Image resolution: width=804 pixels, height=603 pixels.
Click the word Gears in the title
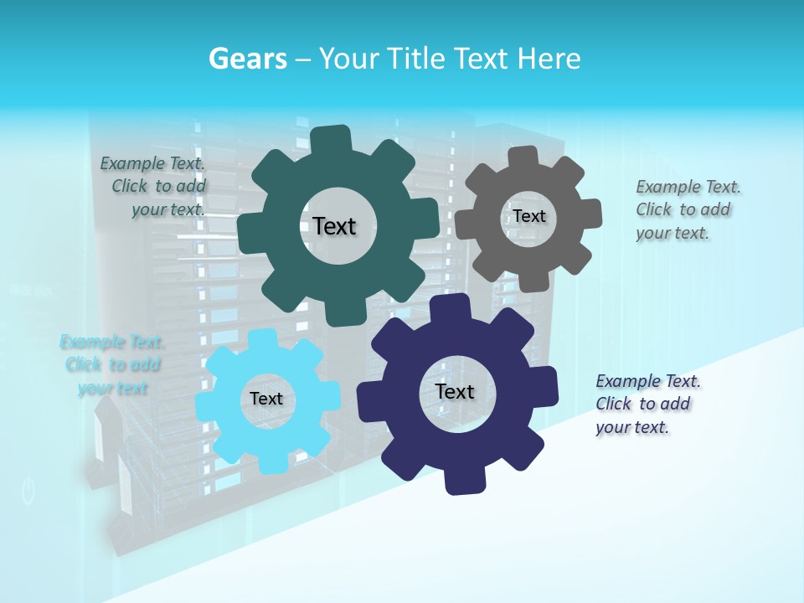click(246, 59)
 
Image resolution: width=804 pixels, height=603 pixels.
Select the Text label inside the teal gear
click(334, 226)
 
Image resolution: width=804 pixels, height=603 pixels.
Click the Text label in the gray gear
click(529, 216)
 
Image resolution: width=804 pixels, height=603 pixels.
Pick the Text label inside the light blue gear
click(266, 399)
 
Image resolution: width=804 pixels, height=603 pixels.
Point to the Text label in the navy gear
click(455, 391)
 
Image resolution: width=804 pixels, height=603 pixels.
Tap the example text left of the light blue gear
click(112, 365)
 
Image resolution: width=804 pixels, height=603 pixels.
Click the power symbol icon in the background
click(28, 492)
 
